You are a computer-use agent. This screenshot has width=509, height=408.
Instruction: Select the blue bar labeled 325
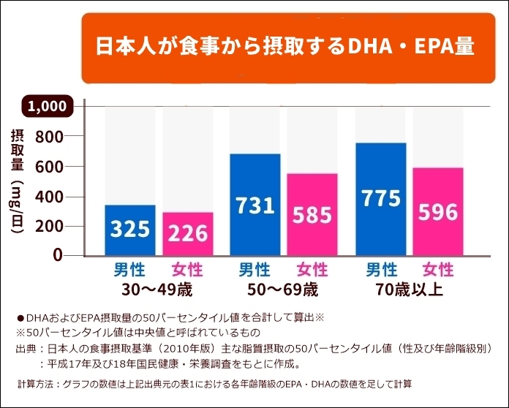coord(130,230)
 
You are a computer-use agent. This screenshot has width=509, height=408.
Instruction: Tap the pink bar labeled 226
coord(188,234)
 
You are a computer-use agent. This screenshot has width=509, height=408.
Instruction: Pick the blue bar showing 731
coord(255,205)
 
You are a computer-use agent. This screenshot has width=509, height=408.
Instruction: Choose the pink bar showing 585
coord(312,214)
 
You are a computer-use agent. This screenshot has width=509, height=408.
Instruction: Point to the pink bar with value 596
coord(437,211)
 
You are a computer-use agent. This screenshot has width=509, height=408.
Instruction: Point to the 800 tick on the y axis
coord(50,137)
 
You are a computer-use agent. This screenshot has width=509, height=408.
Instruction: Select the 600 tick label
coord(50,167)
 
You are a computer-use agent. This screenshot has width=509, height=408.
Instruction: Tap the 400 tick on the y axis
coord(50,197)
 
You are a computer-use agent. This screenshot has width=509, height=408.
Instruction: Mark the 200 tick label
coord(50,227)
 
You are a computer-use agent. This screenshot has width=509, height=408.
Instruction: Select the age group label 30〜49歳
coord(158,289)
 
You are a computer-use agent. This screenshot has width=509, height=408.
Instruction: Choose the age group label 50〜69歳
coord(283,289)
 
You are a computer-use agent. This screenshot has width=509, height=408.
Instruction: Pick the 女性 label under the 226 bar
coord(187,269)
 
